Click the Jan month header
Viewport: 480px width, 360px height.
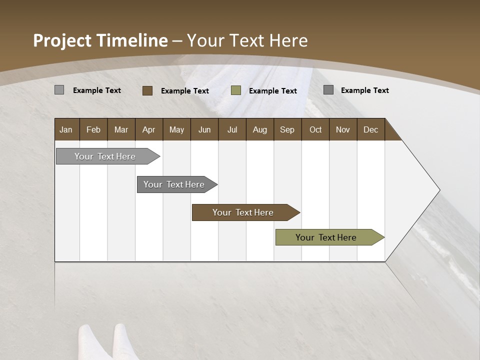click(x=66, y=129)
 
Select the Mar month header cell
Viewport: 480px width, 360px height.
click(x=121, y=129)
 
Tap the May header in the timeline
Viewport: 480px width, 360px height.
click(x=176, y=129)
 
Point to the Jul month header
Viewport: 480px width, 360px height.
click(x=232, y=129)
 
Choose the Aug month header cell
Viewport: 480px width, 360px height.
click(x=259, y=129)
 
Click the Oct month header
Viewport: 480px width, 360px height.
click(x=315, y=129)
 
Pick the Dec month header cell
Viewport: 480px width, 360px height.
click(x=370, y=129)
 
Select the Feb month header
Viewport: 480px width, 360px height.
click(x=93, y=129)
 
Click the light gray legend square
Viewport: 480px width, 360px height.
click(x=59, y=90)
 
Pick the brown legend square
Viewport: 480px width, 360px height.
click(x=147, y=90)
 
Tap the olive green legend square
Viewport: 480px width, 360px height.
click(x=236, y=90)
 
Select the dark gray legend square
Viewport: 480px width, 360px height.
click(x=328, y=90)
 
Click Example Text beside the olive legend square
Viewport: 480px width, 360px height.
click(x=273, y=91)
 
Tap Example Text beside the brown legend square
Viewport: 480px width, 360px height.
click(x=185, y=91)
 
